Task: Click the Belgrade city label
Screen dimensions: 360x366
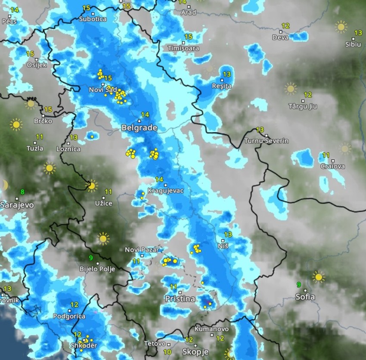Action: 139,128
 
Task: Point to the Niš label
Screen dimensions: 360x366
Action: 223,246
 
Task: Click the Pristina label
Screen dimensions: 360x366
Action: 180,298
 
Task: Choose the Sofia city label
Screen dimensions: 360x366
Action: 305,297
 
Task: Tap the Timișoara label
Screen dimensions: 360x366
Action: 183,48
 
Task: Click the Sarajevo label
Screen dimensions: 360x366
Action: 17,205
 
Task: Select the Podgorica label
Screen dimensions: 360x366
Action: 67,316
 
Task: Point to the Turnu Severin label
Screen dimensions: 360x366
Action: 266,141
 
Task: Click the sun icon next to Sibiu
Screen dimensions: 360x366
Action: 341,27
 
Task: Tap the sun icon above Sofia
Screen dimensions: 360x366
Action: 318,277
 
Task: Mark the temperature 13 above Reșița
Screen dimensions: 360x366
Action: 226,74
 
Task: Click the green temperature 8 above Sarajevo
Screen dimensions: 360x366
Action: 22,192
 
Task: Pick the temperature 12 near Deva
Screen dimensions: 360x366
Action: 285,26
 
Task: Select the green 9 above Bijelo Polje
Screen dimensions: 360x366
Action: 91,258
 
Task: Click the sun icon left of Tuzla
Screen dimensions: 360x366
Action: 16,125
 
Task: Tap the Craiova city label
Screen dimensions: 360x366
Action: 332,166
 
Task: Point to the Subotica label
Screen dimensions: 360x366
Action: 93,19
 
